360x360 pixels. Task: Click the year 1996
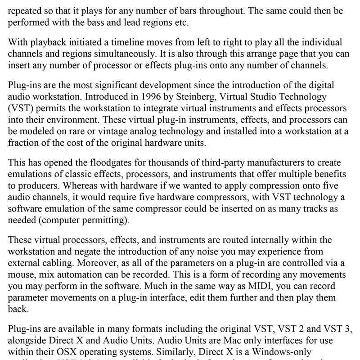137,96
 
